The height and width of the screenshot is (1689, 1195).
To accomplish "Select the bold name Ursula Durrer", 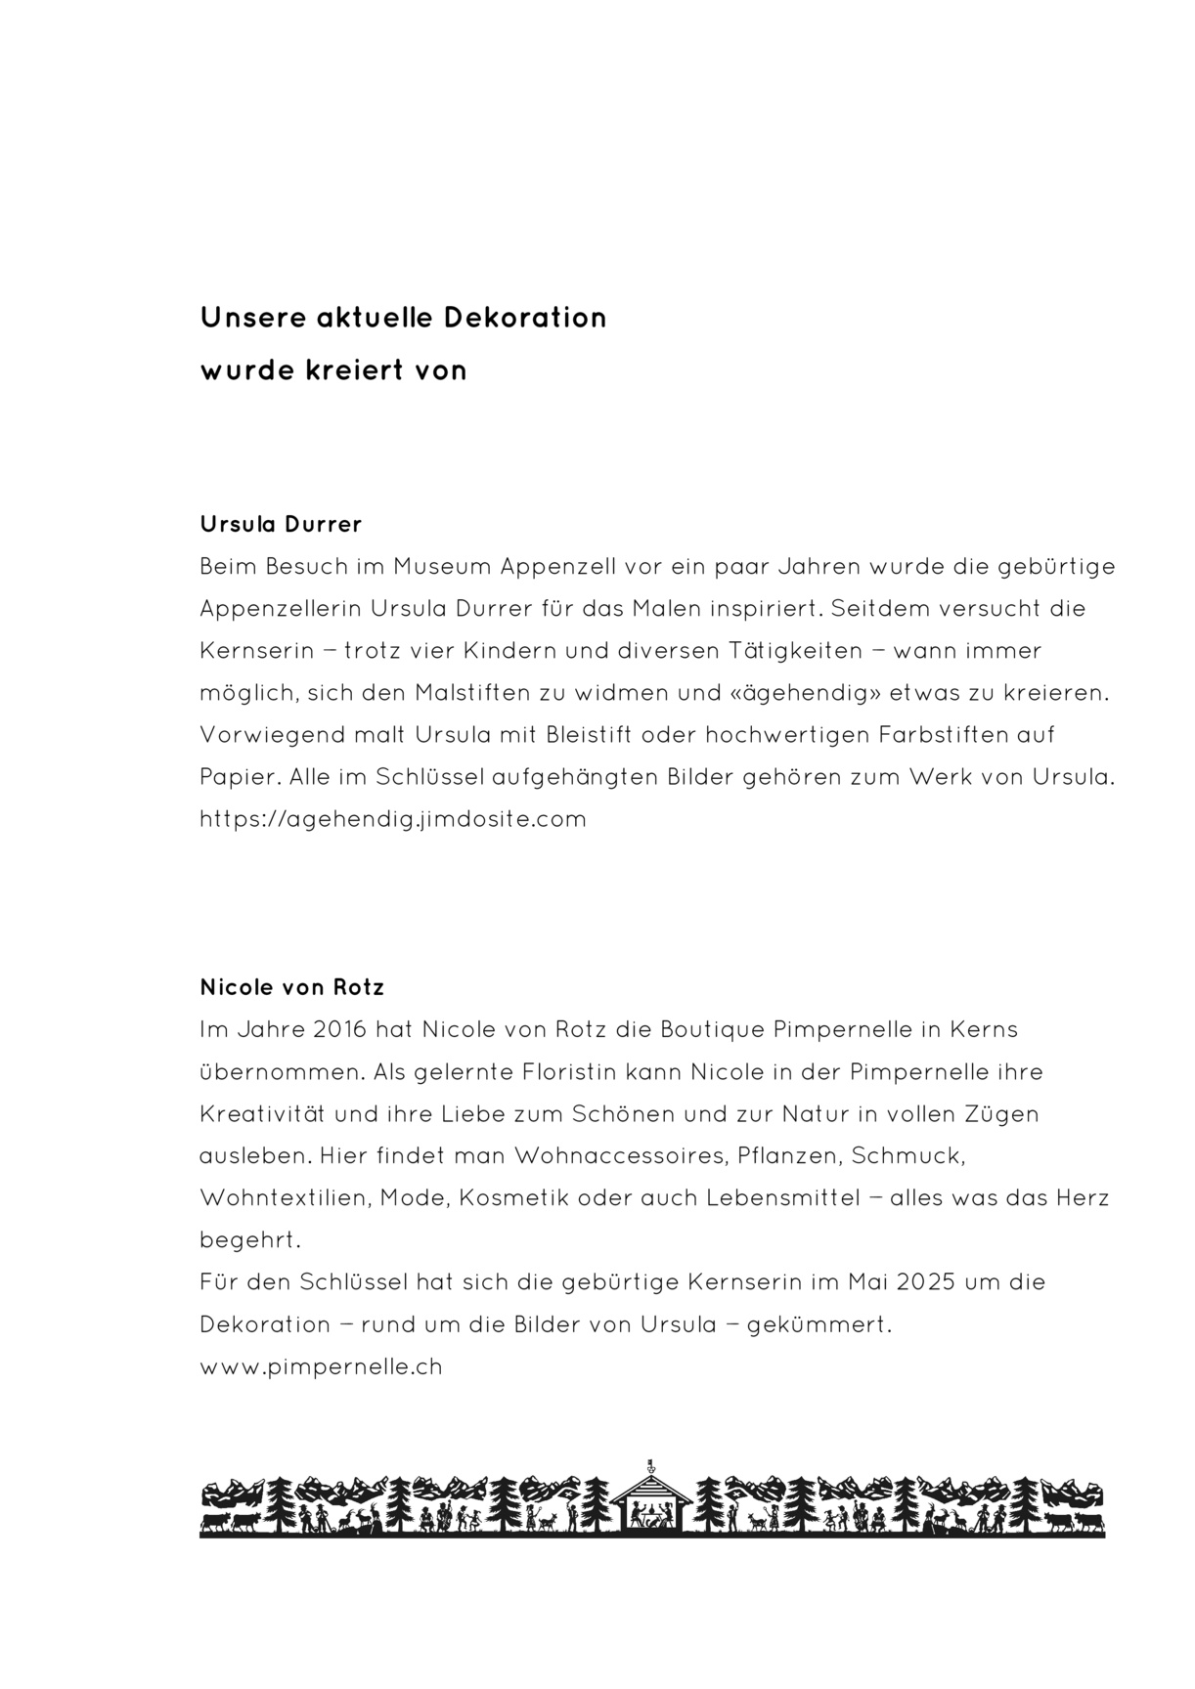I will pos(281,524).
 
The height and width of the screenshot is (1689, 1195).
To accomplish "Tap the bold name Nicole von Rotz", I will pos(291,987).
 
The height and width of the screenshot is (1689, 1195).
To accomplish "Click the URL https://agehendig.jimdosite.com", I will pos(392,819).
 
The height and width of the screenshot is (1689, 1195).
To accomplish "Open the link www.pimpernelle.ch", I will pos(321,1366).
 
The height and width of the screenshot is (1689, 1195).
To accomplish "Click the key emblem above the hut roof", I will pos(651,1466).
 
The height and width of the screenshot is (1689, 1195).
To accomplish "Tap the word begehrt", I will pos(249,1240).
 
